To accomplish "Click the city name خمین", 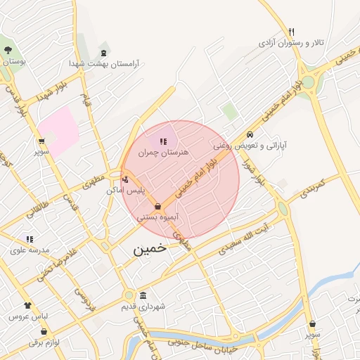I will [x=149, y=248].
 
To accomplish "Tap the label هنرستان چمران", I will [x=164, y=152].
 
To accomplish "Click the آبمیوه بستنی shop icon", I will [x=157, y=207].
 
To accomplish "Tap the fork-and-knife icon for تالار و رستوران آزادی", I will [x=291, y=32].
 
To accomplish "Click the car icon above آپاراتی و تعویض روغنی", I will [x=250, y=135].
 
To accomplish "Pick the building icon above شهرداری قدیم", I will [x=143, y=295].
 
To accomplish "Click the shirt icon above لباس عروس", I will [x=27, y=306].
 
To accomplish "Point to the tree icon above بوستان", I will [x=8, y=50].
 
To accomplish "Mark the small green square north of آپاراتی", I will [x=229, y=110].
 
